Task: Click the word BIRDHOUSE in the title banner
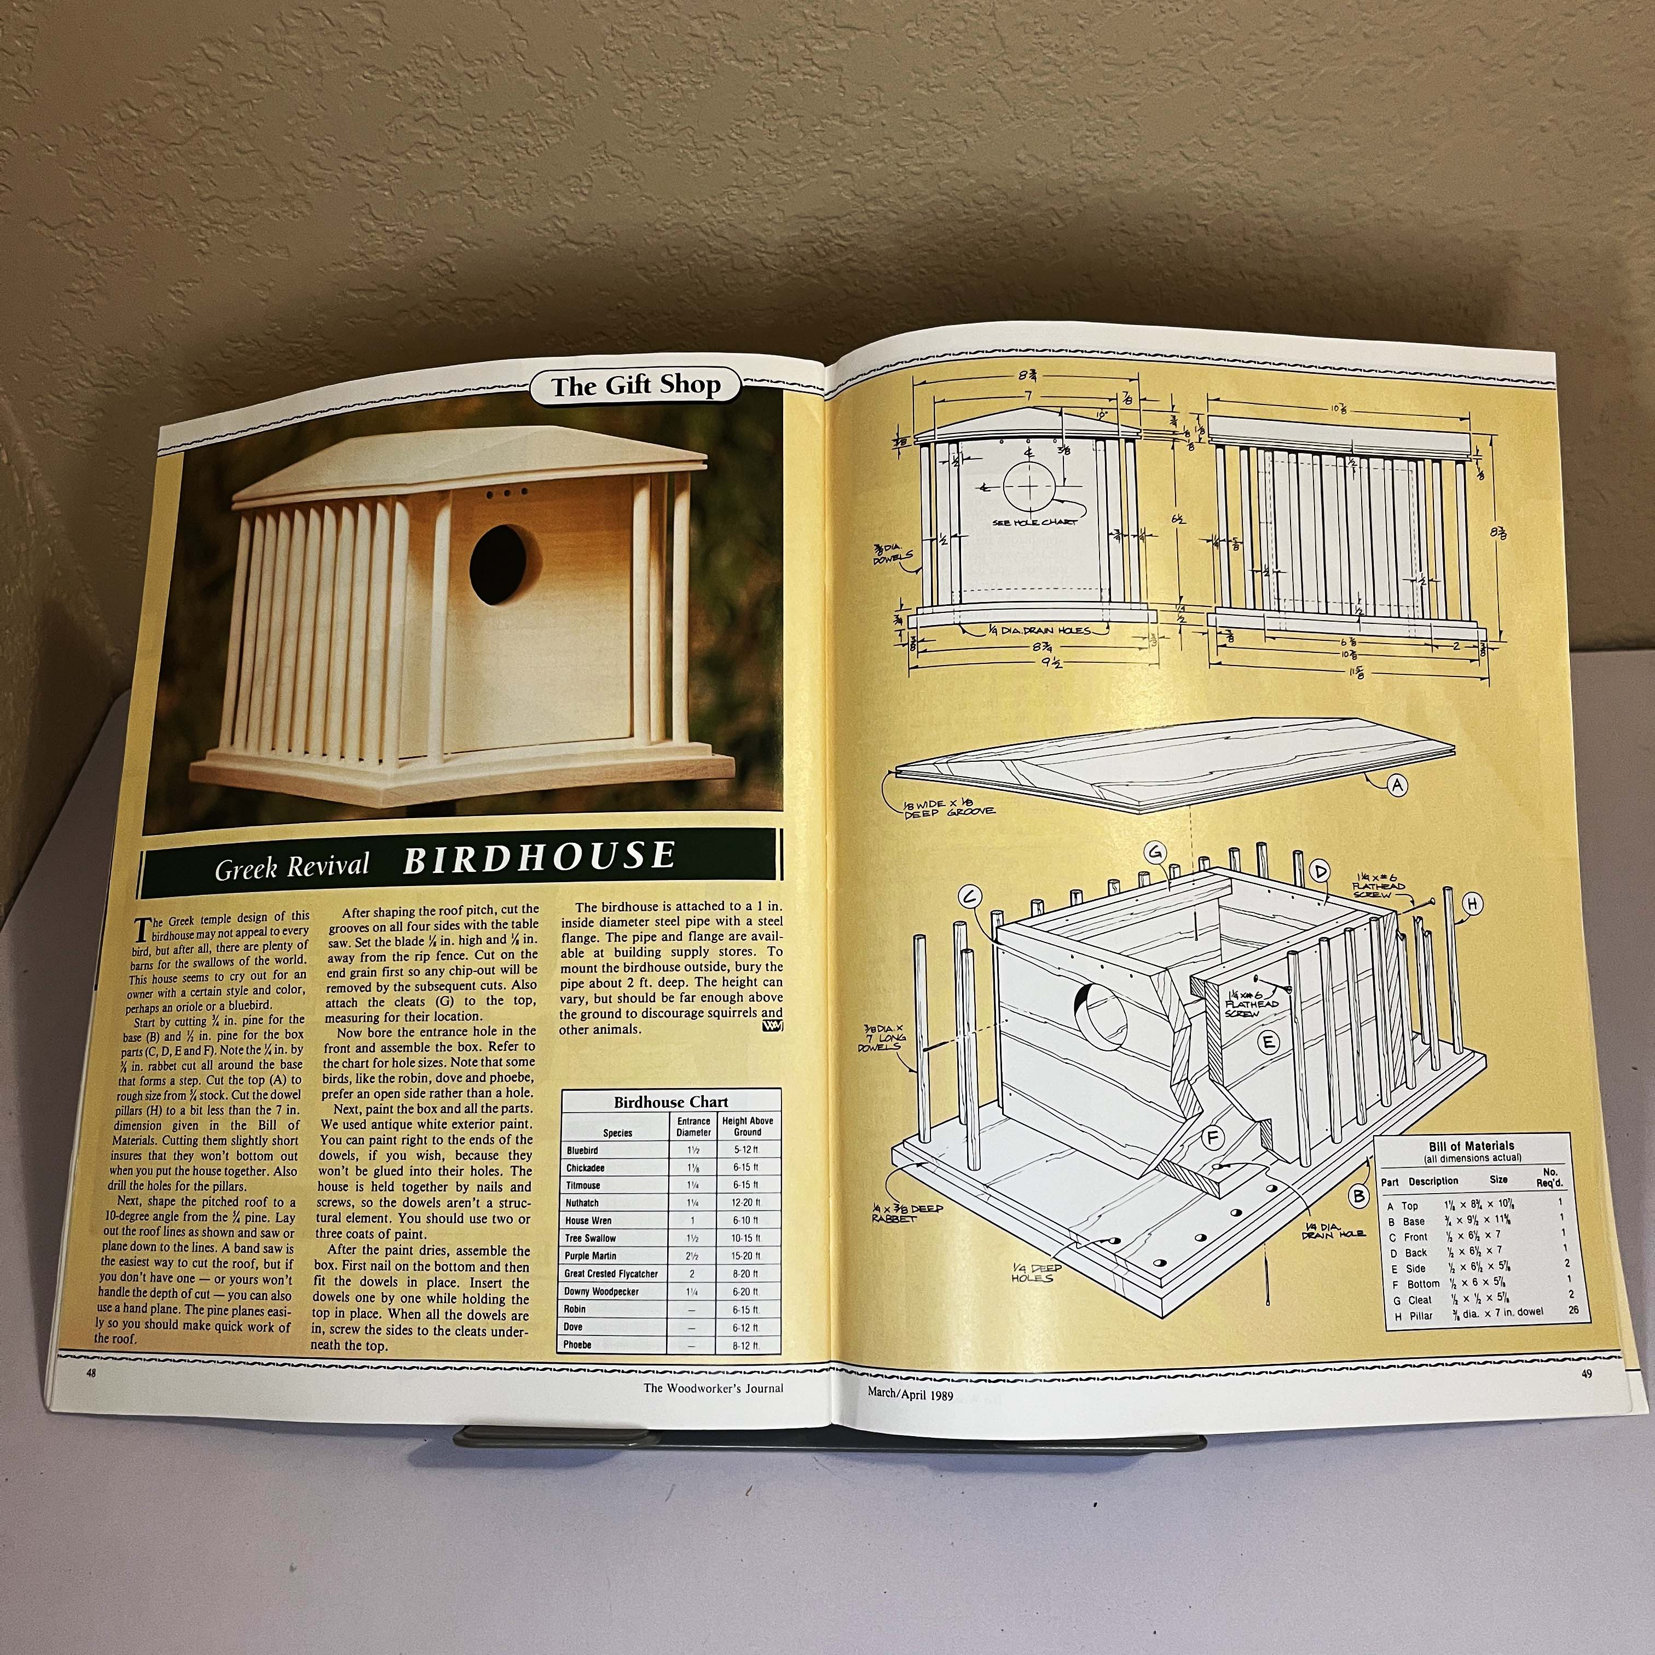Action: pos(539,858)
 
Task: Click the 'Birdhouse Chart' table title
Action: pos(671,1102)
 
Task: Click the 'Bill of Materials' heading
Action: pos(1471,1145)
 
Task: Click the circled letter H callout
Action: pos(1472,903)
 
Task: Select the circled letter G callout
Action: pos(1155,852)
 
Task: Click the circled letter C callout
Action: pos(970,897)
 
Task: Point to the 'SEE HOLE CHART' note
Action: pos(1035,522)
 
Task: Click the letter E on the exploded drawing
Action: pos(1270,1041)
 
